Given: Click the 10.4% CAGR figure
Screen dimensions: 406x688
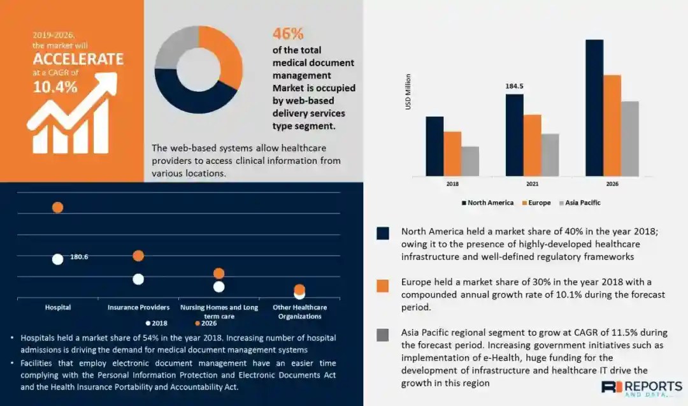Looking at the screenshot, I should click(55, 87).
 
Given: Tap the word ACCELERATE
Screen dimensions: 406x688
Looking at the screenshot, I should click(78, 60).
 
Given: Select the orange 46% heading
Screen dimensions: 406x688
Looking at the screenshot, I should click(288, 34).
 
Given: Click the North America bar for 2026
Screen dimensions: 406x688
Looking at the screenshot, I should click(594, 107).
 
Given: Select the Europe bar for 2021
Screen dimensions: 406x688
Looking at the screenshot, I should click(532, 145).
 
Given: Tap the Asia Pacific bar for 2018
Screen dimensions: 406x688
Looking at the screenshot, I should click(470, 161).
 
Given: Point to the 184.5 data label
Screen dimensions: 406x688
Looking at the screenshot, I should click(515, 86).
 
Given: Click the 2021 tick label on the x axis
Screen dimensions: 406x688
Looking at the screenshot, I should click(532, 184).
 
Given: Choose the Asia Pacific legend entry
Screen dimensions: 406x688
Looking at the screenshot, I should click(580, 203).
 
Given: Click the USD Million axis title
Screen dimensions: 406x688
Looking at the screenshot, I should click(408, 92).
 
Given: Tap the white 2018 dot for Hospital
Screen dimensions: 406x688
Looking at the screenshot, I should click(57, 259).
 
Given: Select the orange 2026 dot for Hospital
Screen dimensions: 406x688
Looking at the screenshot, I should click(57, 207).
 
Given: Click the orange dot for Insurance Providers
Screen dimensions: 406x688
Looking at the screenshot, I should click(138, 256).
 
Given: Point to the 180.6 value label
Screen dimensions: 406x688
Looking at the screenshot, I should click(79, 257).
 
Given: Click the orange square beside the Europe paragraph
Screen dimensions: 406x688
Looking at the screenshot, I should click(382, 286).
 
